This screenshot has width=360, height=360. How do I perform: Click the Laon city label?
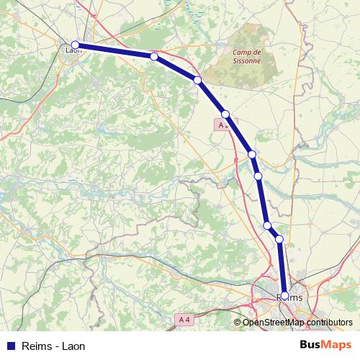coord(73,50)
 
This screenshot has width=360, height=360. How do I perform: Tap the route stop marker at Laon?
coord(75,45)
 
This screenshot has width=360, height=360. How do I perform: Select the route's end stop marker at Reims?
coord(284,295)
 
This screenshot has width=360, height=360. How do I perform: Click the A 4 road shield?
coord(185,319)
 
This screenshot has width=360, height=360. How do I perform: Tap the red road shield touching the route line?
coord(223,125)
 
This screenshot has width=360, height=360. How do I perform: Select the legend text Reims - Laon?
coord(54,346)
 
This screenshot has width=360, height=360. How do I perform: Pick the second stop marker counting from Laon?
coord(154,56)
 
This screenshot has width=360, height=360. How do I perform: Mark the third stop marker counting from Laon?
coord(197,80)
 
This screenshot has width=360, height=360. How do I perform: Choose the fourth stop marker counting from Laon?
coord(225,114)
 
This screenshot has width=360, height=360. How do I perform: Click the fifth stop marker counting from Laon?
coord(251,154)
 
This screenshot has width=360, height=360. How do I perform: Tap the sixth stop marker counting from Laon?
coord(258,175)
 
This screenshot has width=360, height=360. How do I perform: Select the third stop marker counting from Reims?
coord(267,225)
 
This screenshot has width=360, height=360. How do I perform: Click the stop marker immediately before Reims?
coord(279,238)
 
